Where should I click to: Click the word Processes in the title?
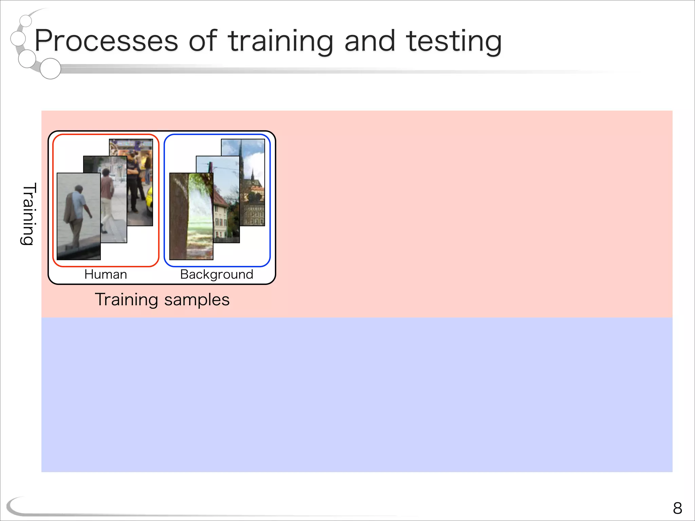[x=106, y=41]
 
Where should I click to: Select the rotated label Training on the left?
[x=29, y=214]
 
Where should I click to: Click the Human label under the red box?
[x=106, y=274]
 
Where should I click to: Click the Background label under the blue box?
[x=217, y=274]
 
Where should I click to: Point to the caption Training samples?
[x=162, y=300]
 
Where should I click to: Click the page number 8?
[x=677, y=508]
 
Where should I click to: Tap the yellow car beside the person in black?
[x=150, y=202]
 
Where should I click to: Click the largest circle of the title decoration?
[x=50, y=69]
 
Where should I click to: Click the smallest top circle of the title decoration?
[x=26, y=21]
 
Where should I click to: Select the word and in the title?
[x=370, y=41]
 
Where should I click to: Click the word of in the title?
[x=203, y=41]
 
